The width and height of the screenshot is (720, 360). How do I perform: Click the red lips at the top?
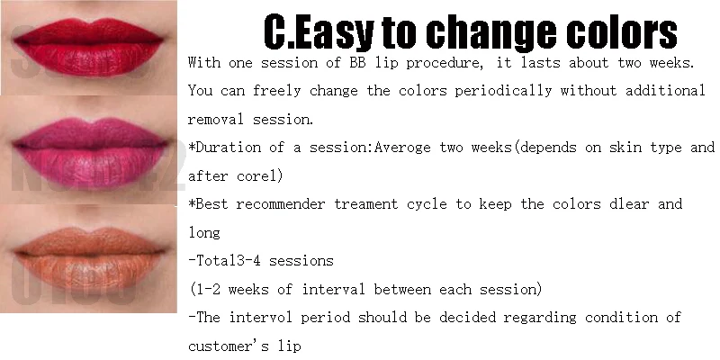pos(88,47)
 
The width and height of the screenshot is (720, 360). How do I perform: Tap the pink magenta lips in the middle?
pos(90,152)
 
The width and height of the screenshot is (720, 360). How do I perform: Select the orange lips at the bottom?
pos(89,258)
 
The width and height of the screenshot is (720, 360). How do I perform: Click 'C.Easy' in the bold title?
pos(319,32)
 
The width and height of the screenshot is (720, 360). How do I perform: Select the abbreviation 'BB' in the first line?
pos(357,62)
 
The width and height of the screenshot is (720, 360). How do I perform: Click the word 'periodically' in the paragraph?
pos(503,91)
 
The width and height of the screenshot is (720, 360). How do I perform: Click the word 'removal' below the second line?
pos(216,119)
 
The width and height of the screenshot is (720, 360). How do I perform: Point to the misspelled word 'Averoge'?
pos(402,148)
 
